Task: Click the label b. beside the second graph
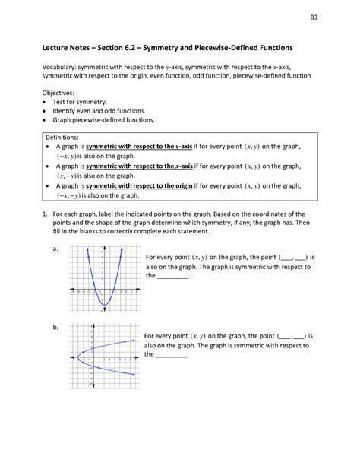(54, 326)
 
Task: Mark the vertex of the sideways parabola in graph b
(77, 353)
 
